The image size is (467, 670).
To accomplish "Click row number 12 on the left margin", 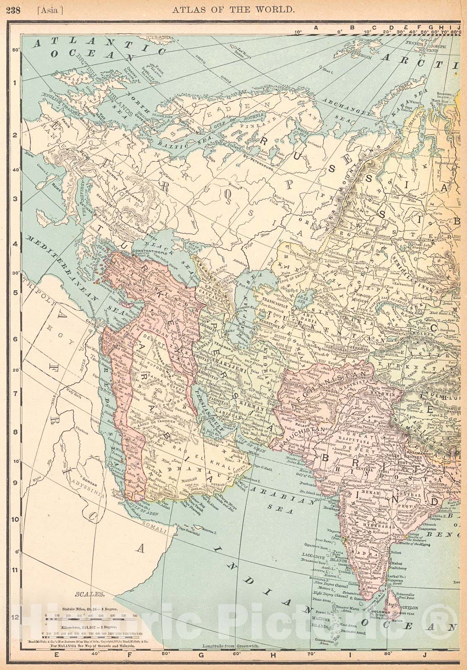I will point(15,617).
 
